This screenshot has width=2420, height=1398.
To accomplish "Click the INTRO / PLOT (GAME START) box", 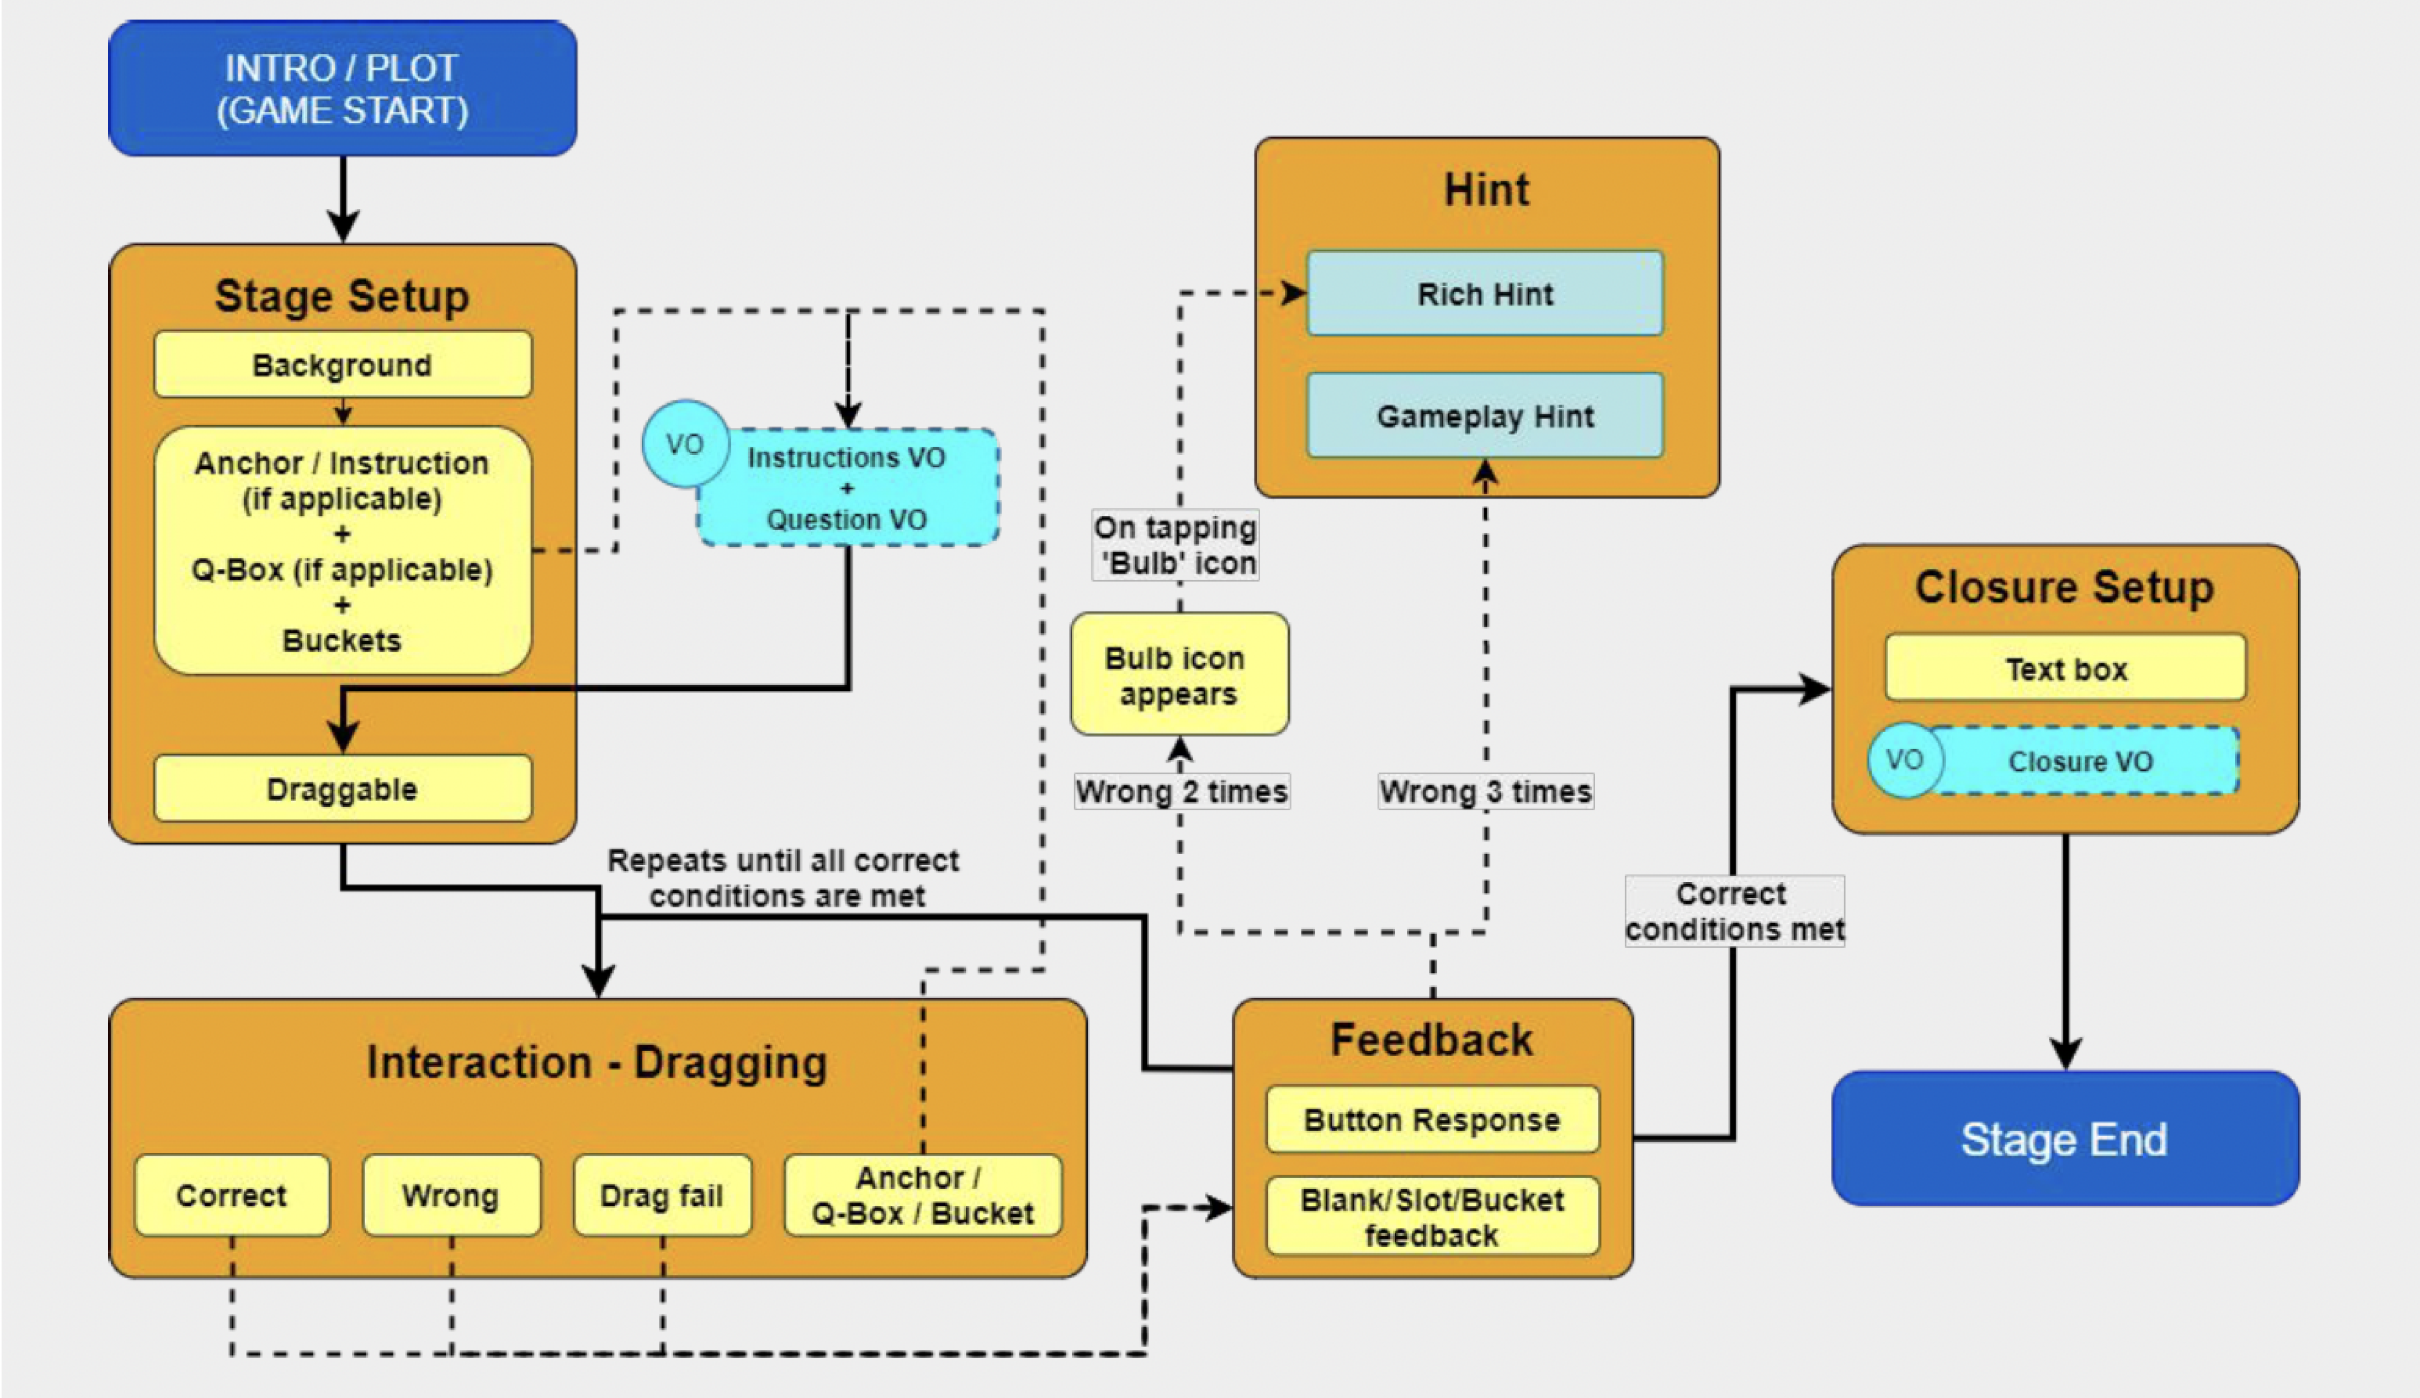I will coord(342,89).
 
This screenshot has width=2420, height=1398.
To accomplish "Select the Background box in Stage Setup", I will coord(342,365).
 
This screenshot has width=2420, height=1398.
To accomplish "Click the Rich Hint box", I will coord(1485,294).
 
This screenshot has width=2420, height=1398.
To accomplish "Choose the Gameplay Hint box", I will coord(1485,416).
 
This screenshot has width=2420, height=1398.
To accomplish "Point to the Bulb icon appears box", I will coord(1179,675).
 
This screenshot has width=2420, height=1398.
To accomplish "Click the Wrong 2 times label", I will coord(1181,792).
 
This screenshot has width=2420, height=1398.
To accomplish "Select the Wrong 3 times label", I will coord(1485,792).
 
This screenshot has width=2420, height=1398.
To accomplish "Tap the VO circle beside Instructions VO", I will coord(684,443).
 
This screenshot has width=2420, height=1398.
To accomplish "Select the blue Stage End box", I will coord(2065,1139).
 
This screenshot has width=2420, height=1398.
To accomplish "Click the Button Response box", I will coord(1432,1120).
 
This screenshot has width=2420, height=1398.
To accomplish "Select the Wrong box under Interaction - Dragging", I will coord(451,1195).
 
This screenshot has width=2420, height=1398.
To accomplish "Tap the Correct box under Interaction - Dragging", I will coord(231,1195).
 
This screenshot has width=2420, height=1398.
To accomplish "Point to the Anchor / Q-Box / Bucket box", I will coord(923,1195).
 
